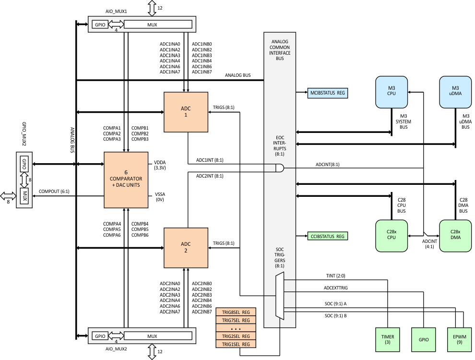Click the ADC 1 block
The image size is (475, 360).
tap(186, 112)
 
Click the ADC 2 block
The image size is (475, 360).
tap(186, 248)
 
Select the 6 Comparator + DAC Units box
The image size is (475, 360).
tap(126, 180)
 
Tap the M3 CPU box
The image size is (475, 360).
tap(392, 91)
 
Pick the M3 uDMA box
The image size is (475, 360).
tap(455, 91)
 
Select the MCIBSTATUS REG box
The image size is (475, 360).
tap(328, 93)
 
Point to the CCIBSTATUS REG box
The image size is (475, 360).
tap(328, 236)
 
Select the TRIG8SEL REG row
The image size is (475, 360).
tap(236, 312)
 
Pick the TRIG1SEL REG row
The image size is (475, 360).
tap(236, 344)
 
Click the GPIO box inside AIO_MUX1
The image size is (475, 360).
tap(100, 24)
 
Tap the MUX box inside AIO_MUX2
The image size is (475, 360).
tap(158, 336)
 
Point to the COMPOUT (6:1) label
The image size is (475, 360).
tap(54, 192)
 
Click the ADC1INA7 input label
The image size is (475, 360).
tap(169, 72)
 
